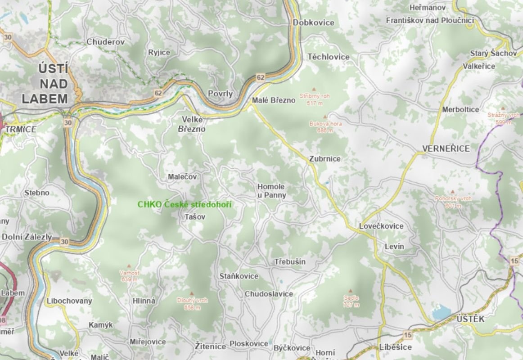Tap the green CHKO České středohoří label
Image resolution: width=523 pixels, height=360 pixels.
pyautogui.click(x=184, y=204)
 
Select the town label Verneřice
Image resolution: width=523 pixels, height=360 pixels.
pyautogui.click(x=446, y=148)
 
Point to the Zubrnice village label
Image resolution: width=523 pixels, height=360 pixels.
pyautogui.click(x=325, y=159)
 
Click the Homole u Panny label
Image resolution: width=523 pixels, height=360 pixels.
pyautogui.click(x=271, y=191)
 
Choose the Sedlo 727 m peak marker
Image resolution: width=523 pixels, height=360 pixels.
pyautogui.click(x=351, y=291)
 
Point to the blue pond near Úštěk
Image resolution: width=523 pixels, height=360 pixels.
pyautogui.click(x=441, y=311)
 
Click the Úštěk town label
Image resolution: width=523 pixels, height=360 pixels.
pyautogui.click(x=470, y=319)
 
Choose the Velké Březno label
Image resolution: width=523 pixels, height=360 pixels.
pyautogui.click(x=193, y=124)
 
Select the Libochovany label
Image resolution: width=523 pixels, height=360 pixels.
pyautogui.click(x=69, y=301)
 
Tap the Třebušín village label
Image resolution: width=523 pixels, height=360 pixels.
pyautogui.click(x=290, y=262)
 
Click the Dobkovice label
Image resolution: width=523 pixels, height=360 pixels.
pyautogui.click(x=313, y=22)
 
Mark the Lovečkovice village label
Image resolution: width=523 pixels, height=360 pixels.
pyautogui.click(x=381, y=226)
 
